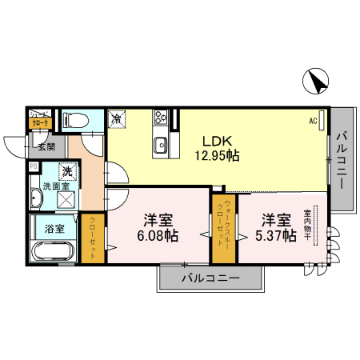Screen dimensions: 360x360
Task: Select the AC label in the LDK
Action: (314, 120)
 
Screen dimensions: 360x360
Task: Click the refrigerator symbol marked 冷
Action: (117, 119)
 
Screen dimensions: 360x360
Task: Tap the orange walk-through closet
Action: (223, 229)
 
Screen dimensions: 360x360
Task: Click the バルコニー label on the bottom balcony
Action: (210, 279)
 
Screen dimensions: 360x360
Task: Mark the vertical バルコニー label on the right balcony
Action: (342, 160)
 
